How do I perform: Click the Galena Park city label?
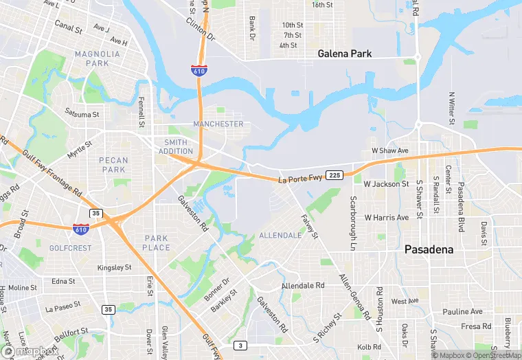[x=344, y=53]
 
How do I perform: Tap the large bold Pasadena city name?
[x=429, y=249]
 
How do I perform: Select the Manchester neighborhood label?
[x=218, y=124]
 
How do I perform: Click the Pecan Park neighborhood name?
[x=113, y=165]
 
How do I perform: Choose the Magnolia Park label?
[x=93, y=58]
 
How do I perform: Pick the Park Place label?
[x=157, y=243]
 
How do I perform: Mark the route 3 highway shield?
[x=240, y=345]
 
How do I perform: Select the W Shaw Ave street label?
[x=390, y=150]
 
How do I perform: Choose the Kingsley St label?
[x=115, y=267]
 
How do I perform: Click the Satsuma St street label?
[x=82, y=113]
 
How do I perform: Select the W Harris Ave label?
[x=386, y=218]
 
